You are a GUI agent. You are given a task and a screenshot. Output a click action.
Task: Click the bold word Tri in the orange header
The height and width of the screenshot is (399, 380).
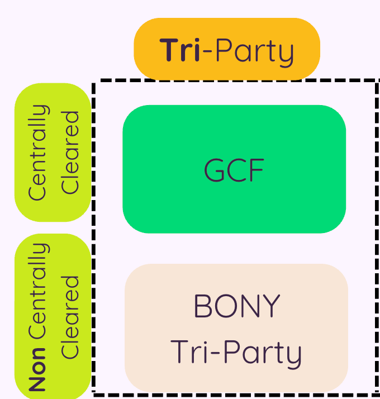(x=180, y=50)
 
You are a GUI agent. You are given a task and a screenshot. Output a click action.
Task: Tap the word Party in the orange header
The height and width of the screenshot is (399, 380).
(x=254, y=51)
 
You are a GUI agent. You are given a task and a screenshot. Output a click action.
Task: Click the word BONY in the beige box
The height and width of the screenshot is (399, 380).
(x=236, y=306)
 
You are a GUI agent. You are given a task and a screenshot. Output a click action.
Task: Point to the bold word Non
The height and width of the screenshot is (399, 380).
(x=37, y=369)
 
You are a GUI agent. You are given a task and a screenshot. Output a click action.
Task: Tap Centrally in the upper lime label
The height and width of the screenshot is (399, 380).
(x=38, y=152)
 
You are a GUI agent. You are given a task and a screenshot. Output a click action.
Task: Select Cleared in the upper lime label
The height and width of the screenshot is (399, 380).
(x=70, y=152)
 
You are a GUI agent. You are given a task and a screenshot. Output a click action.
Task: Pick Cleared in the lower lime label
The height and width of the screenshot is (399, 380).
(x=70, y=316)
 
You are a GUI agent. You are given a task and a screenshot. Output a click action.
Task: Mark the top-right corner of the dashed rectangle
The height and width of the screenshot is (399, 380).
(x=376, y=82)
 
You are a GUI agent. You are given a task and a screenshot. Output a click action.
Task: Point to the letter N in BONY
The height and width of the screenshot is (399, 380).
(x=249, y=306)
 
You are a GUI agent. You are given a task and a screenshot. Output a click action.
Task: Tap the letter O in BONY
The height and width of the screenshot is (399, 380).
(x=226, y=306)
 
